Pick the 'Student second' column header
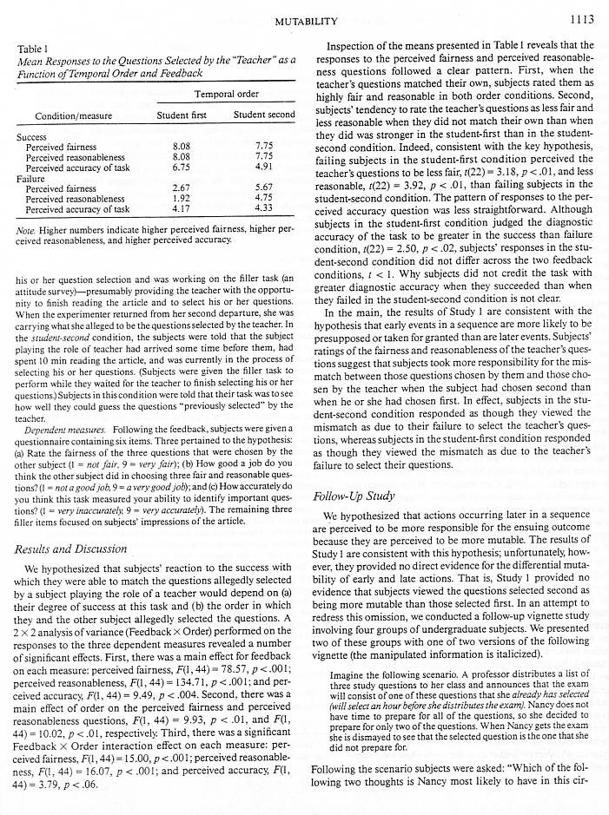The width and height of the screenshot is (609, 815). (264, 115)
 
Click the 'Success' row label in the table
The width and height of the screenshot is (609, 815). (31, 137)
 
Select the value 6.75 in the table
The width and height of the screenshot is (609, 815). (182, 168)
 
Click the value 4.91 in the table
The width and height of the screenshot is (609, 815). (266, 168)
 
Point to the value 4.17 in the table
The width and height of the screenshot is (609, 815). (182, 208)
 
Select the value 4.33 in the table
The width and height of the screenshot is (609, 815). (266, 208)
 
